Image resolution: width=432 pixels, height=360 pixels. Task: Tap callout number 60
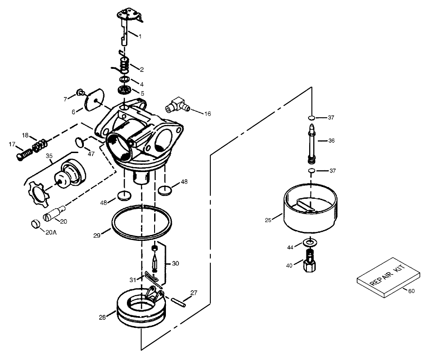411,291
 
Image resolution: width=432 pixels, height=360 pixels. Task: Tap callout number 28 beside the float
102,317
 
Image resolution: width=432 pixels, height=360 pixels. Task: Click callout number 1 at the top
140,36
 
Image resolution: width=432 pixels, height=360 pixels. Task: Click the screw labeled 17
22,154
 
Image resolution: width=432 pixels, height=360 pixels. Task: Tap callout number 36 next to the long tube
331,141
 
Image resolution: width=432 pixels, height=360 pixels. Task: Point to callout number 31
132,279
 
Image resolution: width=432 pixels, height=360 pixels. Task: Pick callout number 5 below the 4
142,93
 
